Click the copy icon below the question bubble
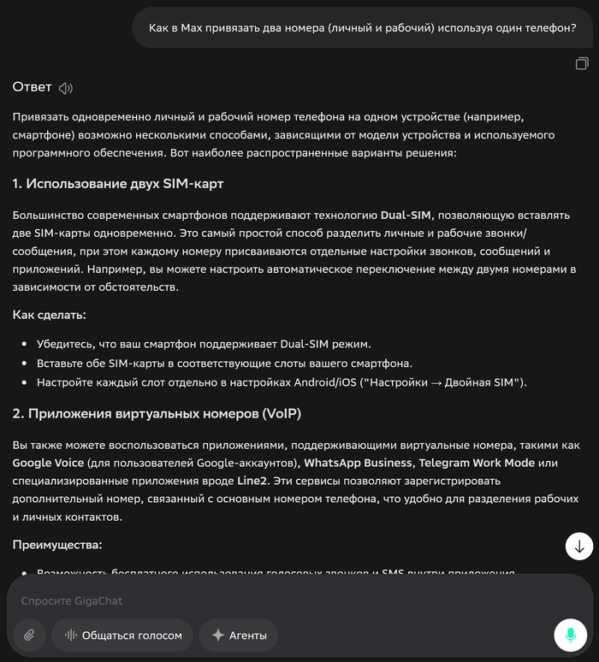point(582,63)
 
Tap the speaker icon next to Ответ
point(66,87)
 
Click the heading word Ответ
point(32,87)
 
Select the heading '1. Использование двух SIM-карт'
point(118,184)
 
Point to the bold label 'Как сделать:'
point(49,315)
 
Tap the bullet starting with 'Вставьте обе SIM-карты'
point(224,363)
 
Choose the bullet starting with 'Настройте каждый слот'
point(282,382)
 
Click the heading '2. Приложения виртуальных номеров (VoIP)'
point(157,414)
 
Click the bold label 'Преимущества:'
point(57,545)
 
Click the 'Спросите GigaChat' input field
point(257,600)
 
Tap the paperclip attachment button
point(29,635)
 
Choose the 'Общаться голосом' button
point(122,635)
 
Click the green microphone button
point(570,635)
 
